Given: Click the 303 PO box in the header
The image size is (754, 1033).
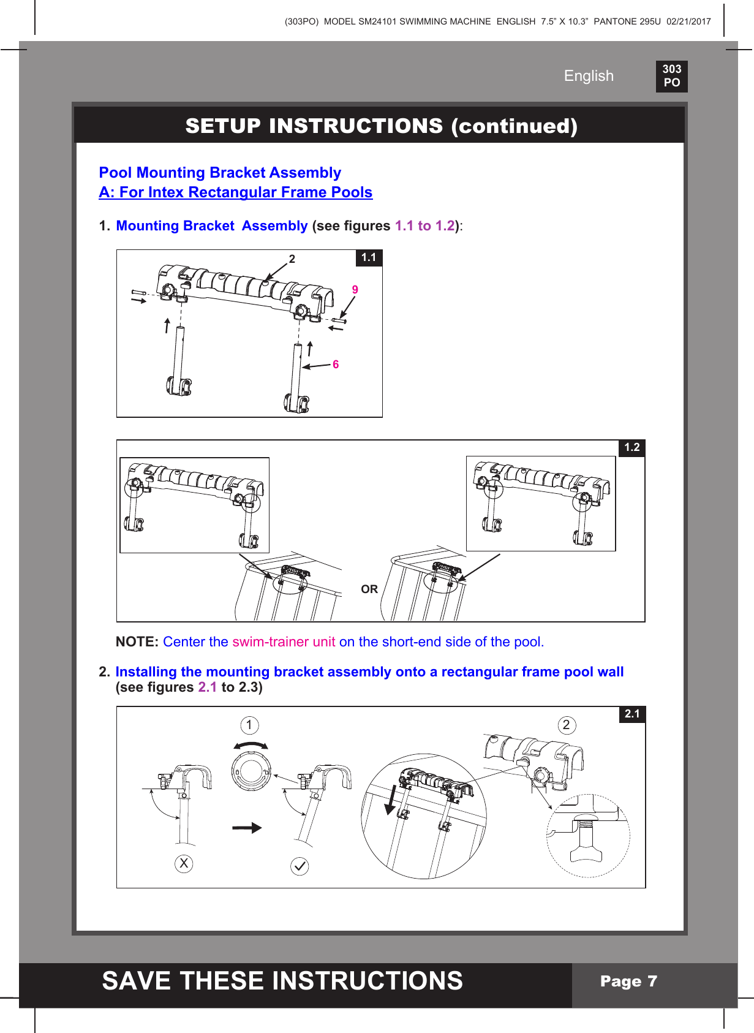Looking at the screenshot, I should click(x=671, y=76).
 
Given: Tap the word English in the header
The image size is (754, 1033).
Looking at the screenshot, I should click(x=588, y=76).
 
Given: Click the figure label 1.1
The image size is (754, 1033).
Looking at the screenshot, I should click(x=369, y=257).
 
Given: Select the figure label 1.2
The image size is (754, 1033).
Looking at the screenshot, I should click(x=631, y=448).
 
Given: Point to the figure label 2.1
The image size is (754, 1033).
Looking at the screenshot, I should click(x=632, y=714).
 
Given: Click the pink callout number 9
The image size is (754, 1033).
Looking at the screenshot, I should click(x=355, y=290).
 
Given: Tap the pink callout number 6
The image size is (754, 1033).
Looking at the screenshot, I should click(x=336, y=365).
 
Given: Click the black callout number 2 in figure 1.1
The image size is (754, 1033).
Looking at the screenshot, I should click(x=292, y=259).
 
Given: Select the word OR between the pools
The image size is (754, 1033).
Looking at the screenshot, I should click(x=369, y=589).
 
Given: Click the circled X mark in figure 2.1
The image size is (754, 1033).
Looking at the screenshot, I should click(x=184, y=864).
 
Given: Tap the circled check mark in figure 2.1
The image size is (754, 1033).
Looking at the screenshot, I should click(x=300, y=866).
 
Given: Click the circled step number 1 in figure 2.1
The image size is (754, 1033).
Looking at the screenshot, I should click(x=249, y=725).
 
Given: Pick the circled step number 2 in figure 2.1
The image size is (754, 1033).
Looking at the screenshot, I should click(x=567, y=725).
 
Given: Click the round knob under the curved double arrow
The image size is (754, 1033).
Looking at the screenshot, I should click(x=251, y=771).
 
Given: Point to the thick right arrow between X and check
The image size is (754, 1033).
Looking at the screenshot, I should click(x=247, y=828).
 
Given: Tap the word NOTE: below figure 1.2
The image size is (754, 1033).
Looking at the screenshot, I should click(x=137, y=642).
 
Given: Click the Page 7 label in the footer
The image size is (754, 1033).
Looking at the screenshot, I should click(x=628, y=982).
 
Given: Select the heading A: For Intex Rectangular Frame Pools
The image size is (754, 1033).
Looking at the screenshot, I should click(x=236, y=192).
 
